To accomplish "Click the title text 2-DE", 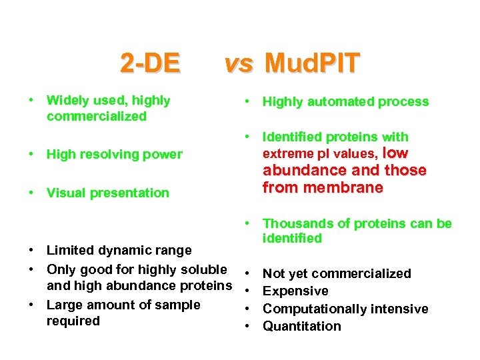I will click(150, 63).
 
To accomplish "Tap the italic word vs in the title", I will click(239, 63).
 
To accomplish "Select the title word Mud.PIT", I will click(312, 63).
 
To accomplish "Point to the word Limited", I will click(70, 251).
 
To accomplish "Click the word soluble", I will click(203, 270).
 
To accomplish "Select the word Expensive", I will click(295, 291).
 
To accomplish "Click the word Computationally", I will click(310, 309).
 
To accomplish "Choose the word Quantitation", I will click(301, 327).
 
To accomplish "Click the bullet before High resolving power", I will click(31, 155).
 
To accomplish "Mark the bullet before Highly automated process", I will click(247, 102).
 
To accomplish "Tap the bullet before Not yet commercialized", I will click(247, 274).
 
